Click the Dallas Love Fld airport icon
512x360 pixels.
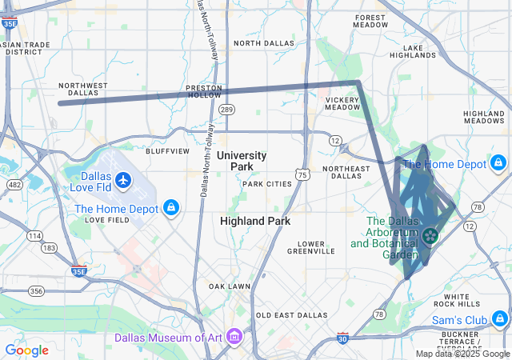[123, 180]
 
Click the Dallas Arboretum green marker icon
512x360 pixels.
[430, 235]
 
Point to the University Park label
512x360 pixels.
[241, 161]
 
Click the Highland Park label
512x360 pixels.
[255, 220]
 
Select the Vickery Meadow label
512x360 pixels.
[342, 104]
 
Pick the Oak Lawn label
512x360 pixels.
[229, 286]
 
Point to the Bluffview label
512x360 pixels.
[167, 150]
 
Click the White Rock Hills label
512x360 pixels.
[457, 300]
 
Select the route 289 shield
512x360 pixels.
[227, 109]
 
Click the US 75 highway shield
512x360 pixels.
[301, 174]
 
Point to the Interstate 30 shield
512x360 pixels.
[342, 338]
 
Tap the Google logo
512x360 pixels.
[26, 350]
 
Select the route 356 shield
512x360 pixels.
[36, 291]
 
